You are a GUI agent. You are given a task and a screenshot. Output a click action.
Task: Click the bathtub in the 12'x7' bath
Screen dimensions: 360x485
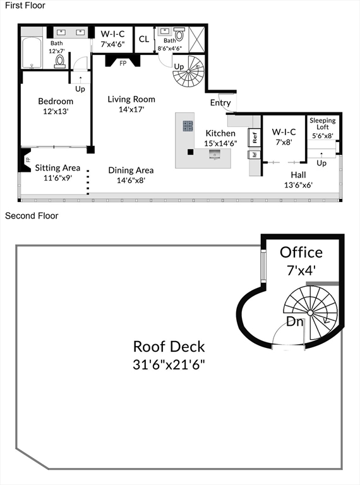(x=32, y=53)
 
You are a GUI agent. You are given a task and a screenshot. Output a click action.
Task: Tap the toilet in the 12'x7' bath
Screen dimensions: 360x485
(x=60, y=61)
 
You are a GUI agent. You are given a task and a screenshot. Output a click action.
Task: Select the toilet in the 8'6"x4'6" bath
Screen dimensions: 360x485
(x=179, y=34)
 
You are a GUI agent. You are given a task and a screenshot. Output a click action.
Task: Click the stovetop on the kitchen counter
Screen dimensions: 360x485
(x=188, y=126)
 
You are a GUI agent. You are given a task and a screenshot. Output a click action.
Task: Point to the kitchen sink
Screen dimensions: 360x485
(x=215, y=154)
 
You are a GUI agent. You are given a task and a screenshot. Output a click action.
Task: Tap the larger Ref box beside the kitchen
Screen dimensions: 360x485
(x=255, y=137)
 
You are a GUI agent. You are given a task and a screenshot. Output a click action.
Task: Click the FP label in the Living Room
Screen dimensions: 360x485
(x=123, y=63)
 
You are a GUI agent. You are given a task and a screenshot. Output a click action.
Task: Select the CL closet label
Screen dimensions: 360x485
(x=144, y=39)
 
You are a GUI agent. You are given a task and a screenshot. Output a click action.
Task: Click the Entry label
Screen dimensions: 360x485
(x=220, y=103)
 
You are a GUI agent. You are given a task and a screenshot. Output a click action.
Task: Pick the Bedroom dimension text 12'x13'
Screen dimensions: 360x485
(x=56, y=111)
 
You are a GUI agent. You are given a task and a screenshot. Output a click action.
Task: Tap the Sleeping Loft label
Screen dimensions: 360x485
(x=323, y=123)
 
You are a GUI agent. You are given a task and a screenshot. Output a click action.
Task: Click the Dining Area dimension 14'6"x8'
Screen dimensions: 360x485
(x=131, y=180)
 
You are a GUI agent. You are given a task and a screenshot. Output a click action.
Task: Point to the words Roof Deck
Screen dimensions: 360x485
(x=169, y=347)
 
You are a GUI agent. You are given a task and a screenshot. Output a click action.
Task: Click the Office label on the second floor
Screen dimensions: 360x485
(x=301, y=253)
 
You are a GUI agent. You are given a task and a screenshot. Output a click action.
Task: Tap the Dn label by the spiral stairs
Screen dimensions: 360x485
(x=295, y=321)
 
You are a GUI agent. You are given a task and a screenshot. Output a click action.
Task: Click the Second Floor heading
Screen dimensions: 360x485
(x=32, y=215)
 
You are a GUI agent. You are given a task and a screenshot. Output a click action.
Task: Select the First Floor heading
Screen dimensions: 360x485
(x=25, y=5)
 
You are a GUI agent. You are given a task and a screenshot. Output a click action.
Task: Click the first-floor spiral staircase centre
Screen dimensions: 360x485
(x=188, y=71)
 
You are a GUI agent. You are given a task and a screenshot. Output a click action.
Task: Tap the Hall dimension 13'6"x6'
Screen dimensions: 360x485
(x=298, y=185)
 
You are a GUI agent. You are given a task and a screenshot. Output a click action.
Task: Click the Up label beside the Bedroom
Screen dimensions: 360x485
(x=80, y=89)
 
